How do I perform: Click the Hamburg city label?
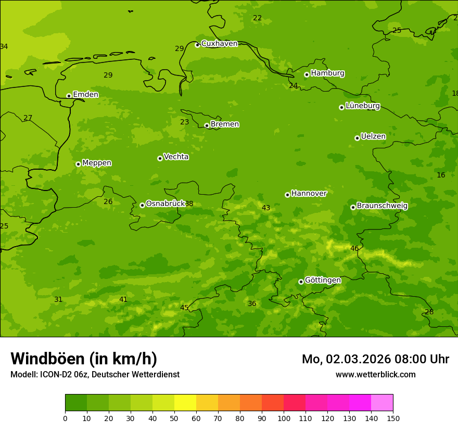[327, 73]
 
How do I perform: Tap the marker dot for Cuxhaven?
[197, 45]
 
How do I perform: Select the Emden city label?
[85, 95]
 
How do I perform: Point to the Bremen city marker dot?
[207, 125]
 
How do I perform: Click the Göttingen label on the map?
[323, 281]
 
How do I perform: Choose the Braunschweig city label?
[382, 206]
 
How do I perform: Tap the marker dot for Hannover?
[287, 195]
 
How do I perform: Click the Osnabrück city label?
[165, 204]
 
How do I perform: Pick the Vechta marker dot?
[160, 158]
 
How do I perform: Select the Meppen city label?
[97, 163]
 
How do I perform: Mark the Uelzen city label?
[373, 137]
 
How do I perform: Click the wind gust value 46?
[354, 249]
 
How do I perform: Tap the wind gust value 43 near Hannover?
[266, 208]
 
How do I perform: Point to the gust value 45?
[184, 308]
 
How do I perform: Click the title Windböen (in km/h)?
[84, 359]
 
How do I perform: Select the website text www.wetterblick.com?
[375, 375]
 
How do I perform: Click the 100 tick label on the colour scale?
[284, 418]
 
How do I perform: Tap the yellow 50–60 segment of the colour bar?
[185, 403]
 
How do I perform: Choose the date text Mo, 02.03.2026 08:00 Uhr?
[375, 359]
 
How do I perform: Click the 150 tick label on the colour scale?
[393, 418]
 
